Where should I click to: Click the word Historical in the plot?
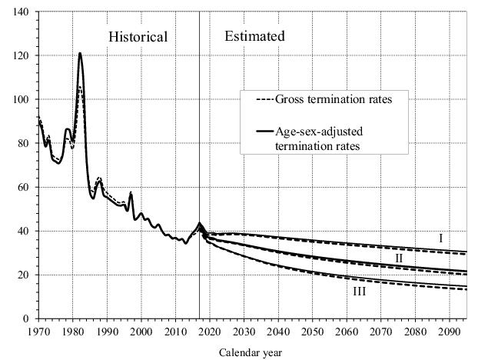click(138, 37)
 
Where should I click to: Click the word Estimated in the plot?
click(254, 36)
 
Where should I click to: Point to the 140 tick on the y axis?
click(22, 12)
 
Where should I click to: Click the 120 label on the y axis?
click(22, 56)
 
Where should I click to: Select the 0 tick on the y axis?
click(28, 318)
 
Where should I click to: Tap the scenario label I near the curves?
click(440, 238)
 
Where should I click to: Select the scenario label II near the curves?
click(398, 258)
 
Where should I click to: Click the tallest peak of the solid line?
click(80, 53)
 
